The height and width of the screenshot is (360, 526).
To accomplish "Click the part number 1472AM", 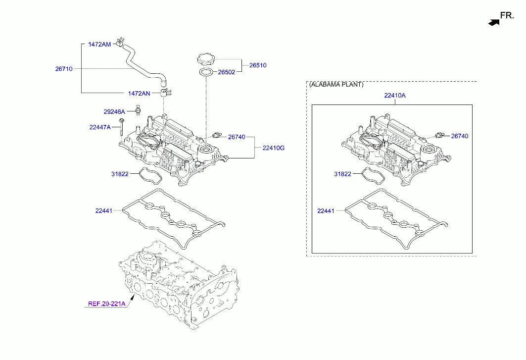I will coord(99,45).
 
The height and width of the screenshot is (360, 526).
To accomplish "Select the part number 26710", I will coord(64,69).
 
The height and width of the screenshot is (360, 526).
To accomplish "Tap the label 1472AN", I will coord(139,93).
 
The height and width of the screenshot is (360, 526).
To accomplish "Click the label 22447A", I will coord(100,127).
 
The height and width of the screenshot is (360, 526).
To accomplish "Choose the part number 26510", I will coord(257,65).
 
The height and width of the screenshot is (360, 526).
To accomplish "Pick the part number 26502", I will coord(227,72).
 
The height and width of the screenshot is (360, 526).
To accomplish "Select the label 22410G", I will coord(273,148).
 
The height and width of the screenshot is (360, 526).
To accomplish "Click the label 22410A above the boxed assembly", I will coord(394,95).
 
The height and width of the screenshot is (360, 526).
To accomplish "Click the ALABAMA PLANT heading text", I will coord(336,85).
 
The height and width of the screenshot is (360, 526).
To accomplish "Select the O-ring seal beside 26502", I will coord(206,73).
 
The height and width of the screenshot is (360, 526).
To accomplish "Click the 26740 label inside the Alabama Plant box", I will coord(459,136).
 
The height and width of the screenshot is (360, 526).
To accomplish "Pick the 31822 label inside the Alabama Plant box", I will coord(342,174).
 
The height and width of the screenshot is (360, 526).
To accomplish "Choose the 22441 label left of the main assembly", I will coord(104,211).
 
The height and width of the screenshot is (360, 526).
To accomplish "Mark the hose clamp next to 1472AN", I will coord(165,91).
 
